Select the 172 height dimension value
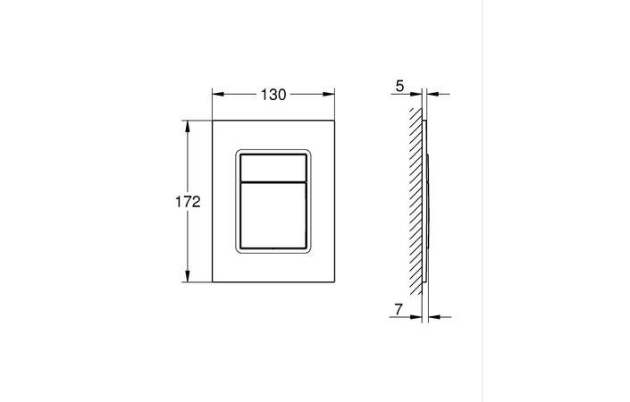pos(187,202)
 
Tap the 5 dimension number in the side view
pos(399,88)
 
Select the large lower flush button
pos(273,213)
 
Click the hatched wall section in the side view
pos(413,201)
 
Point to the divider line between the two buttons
pos(273,180)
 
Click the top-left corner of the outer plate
pos(212,119)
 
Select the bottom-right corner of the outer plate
pos(334,283)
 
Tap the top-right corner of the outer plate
pos(334,119)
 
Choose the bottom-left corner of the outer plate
pos(212,283)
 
